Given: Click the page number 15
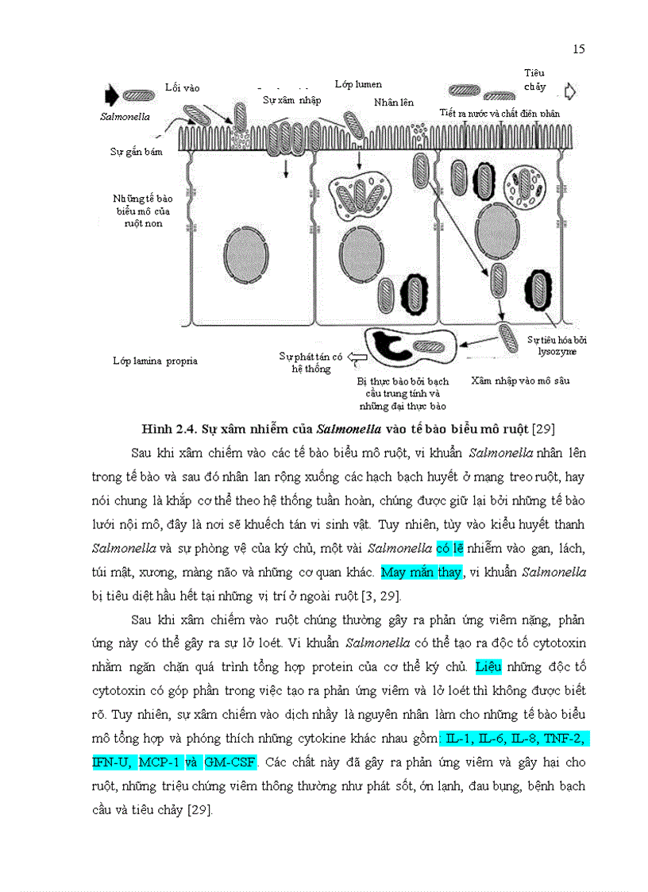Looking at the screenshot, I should tap(578, 49).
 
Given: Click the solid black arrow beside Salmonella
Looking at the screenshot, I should tap(110, 95).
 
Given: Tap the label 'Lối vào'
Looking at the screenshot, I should tap(182, 87).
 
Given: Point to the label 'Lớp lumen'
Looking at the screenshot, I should tap(358, 84).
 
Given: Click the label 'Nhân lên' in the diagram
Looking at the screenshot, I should tap(393, 102).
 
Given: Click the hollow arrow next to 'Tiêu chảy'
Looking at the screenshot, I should tap(569, 90).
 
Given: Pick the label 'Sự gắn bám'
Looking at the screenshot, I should tap(136, 152).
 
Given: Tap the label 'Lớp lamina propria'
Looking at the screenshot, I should tap(155, 361).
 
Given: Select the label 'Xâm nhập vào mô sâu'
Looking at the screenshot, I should tap(519, 380).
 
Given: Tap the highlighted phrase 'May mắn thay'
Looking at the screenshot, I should tap(421, 572).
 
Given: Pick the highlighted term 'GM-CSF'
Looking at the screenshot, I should tap(230, 763).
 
